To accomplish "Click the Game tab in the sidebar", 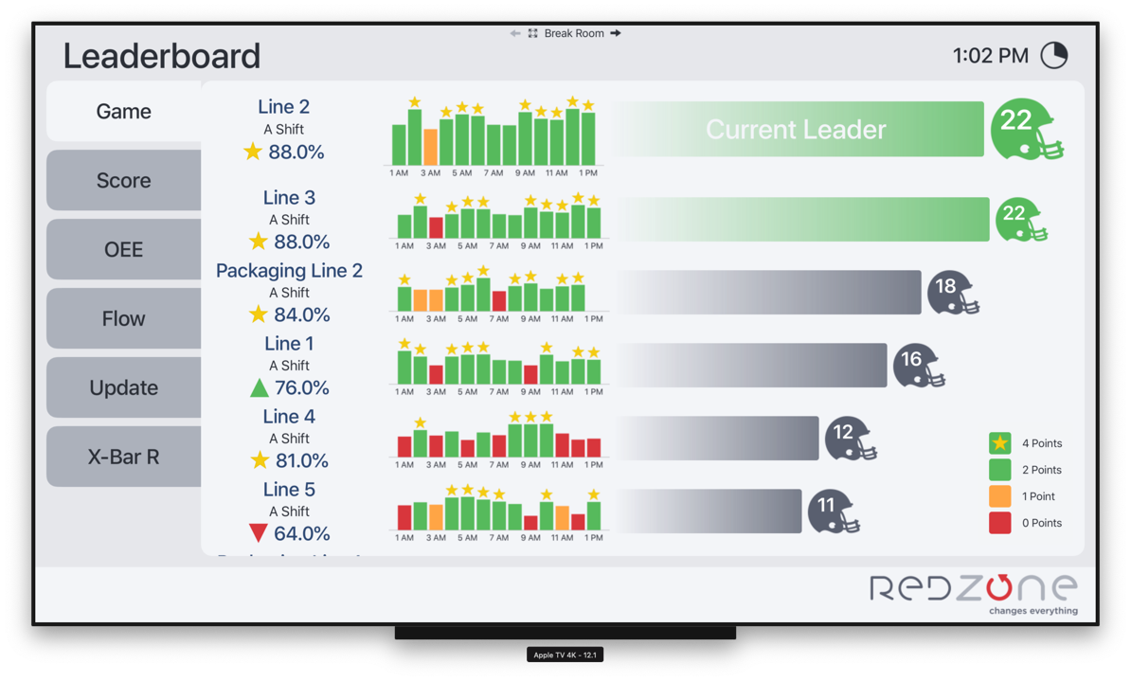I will click(x=123, y=112).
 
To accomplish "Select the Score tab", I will click(x=123, y=180).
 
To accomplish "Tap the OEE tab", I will click(x=123, y=249).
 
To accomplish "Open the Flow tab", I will click(x=123, y=318).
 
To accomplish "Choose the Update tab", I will click(x=123, y=387).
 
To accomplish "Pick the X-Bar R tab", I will click(x=123, y=457).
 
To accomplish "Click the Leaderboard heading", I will click(x=161, y=56).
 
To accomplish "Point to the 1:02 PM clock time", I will click(x=990, y=56).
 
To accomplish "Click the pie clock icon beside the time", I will click(x=1054, y=55).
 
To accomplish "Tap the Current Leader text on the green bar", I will click(x=796, y=130).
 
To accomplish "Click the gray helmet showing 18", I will click(x=950, y=292).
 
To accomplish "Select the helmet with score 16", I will click(x=916, y=365).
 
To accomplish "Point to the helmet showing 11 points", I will click(x=832, y=511).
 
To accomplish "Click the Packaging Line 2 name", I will click(x=289, y=271).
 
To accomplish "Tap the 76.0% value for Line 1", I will click(x=301, y=387).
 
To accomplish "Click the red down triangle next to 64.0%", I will click(x=258, y=533).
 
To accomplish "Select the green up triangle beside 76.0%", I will click(x=259, y=387).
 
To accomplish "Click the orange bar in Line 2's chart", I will click(x=430, y=148).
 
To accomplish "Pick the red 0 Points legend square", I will click(x=999, y=523).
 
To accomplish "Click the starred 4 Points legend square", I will click(x=999, y=443).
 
